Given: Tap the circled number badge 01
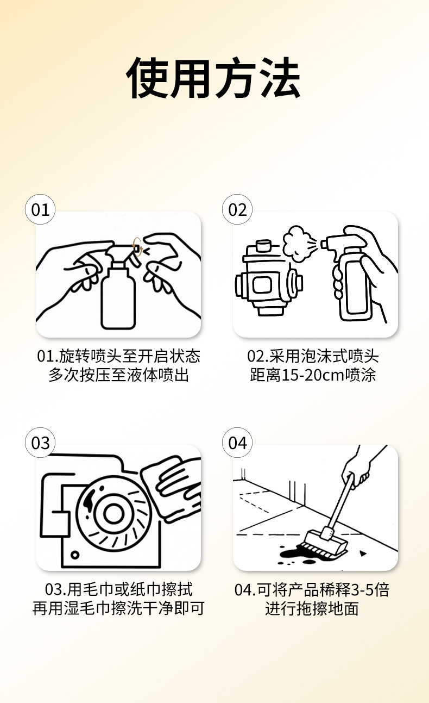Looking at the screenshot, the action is pyautogui.click(x=40, y=209).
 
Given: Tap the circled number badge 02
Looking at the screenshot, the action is pyautogui.click(x=237, y=209).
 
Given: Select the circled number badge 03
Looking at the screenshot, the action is pyautogui.click(x=40, y=443).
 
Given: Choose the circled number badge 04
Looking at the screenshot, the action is pyautogui.click(x=237, y=443).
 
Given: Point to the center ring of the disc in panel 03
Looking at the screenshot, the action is pyautogui.click(x=113, y=514).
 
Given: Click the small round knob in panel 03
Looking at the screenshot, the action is pyautogui.click(x=74, y=555).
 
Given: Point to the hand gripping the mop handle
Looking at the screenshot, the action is pyautogui.click(x=357, y=471).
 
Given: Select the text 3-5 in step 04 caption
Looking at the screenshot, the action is pyautogui.click(x=361, y=590).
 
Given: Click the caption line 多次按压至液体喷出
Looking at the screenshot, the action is pyautogui.click(x=118, y=375).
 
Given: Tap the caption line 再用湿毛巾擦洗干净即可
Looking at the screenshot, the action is pyautogui.click(x=118, y=608).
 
